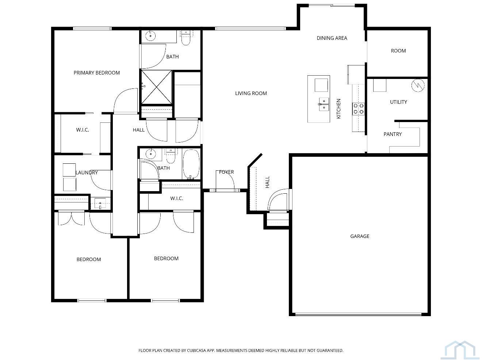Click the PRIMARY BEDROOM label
[x=97, y=73]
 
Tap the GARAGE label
[x=360, y=236]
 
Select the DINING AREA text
[x=332, y=38]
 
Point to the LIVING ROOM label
[x=251, y=94]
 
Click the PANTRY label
[x=393, y=134]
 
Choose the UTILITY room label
[x=398, y=102]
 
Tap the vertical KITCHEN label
[x=338, y=109]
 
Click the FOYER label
[x=226, y=172]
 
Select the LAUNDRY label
[x=87, y=173]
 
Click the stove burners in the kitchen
[x=358, y=109]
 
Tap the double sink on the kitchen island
[x=324, y=105]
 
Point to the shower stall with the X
[x=156, y=87]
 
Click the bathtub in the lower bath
[x=191, y=164]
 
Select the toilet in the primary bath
[x=186, y=38]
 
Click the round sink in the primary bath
[x=150, y=36]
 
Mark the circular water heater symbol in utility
[x=418, y=85]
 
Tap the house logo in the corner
[x=462, y=349]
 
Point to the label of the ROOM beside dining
[x=398, y=51]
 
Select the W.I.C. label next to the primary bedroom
[x=83, y=130]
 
